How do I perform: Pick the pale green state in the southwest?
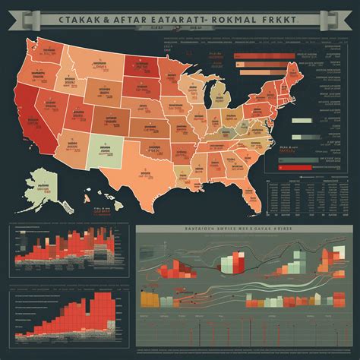point(98,147)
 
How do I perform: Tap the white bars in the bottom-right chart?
point(226,265)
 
